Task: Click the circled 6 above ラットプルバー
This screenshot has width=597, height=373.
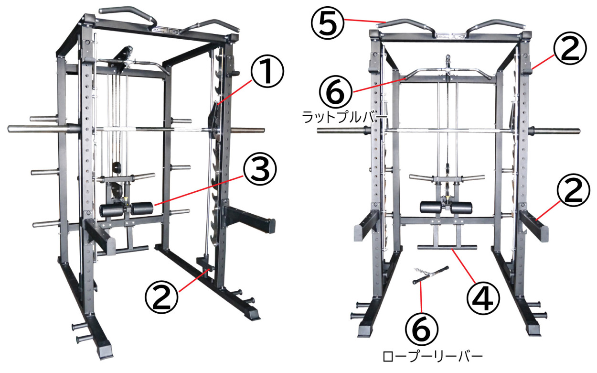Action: point(334,92)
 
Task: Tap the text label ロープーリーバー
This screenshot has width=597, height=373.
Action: point(433,356)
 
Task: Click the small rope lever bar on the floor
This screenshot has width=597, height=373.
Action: point(430,275)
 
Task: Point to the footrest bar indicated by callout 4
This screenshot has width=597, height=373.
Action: point(447,247)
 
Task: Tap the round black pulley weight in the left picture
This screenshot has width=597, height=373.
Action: point(115,167)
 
